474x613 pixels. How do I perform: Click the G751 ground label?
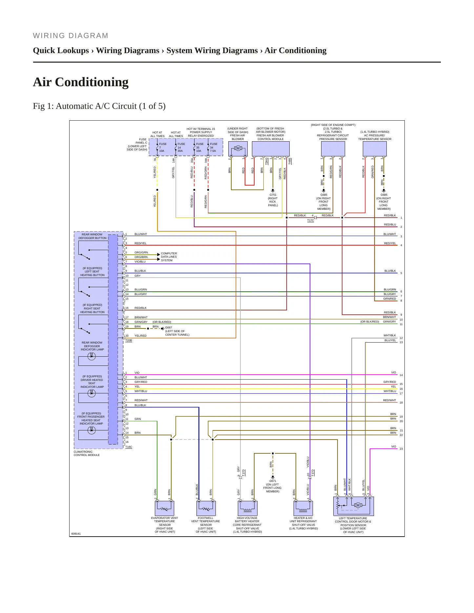(x=273, y=195)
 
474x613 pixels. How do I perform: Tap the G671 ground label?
(x=273, y=481)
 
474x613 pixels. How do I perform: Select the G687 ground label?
(x=168, y=327)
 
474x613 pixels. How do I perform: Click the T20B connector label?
(x=129, y=341)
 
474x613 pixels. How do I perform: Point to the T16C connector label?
(x=129, y=447)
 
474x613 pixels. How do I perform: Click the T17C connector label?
(x=310, y=221)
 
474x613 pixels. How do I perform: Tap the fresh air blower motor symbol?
(x=238, y=148)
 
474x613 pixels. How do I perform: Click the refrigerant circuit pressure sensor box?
(x=333, y=149)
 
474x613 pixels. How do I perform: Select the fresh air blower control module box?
(x=271, y=149)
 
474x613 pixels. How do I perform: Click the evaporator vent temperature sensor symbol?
(x=164, y=508)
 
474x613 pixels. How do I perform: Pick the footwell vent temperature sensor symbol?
(x=206, y=508)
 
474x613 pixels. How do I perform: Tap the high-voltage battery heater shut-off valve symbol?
(x=247, y=508)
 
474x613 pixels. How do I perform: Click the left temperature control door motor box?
(x=354, y=506)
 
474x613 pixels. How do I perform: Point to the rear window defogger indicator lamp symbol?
(x=92, y=356)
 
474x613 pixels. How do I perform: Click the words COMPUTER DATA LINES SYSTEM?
(x=169, y=257)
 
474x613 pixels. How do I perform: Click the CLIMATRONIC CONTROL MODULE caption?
(x=87, y=453)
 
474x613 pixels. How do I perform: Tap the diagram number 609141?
(x=76, y=534)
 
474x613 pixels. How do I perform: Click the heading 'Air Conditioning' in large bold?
(x=81, y=82)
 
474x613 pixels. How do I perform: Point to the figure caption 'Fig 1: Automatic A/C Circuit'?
(x=99, y=106)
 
